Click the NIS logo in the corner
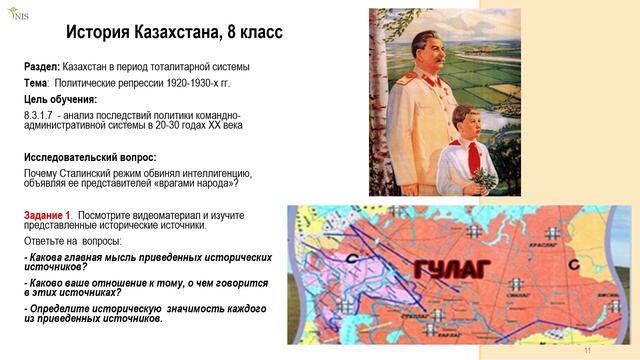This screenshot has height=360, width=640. (19, 13)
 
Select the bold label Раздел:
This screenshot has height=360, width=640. (43, 66)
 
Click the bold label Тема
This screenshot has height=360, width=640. (36, 82)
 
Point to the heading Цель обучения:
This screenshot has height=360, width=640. (60, 99)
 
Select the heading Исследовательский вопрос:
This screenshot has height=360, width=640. (90, 157)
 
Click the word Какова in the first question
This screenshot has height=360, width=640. (49, 257)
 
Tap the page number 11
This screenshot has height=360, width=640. (588, 351)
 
